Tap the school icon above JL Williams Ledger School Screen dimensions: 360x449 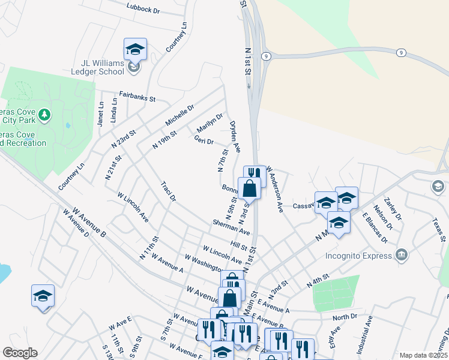(135, 50)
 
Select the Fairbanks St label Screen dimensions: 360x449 (137, 95)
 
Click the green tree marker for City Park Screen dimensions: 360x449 (44, 114)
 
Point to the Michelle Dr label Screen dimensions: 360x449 (179, 115)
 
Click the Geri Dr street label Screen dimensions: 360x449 (203, 140)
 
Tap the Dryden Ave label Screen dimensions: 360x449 (235, 136)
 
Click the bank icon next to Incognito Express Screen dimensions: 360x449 (402, 254)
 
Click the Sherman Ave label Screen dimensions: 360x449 (231, 227)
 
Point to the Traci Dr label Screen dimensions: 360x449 (168, 191)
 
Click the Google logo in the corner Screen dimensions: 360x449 (19, 353)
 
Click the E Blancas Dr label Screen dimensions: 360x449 (375, 226)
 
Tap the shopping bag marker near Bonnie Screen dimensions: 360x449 (249, 188)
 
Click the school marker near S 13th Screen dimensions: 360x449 (43, 296)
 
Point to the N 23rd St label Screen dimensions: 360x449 (124, 139)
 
